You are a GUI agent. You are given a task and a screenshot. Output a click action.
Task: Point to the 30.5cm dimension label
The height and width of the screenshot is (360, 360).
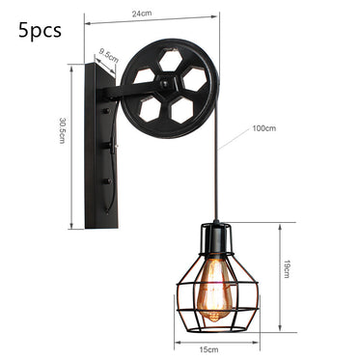[x=63, y=131]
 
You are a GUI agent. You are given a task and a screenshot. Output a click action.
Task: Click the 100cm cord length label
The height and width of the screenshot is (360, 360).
[x=262, y=128]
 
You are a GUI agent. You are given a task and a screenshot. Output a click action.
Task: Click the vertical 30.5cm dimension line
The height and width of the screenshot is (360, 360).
[x=70, y=145]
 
